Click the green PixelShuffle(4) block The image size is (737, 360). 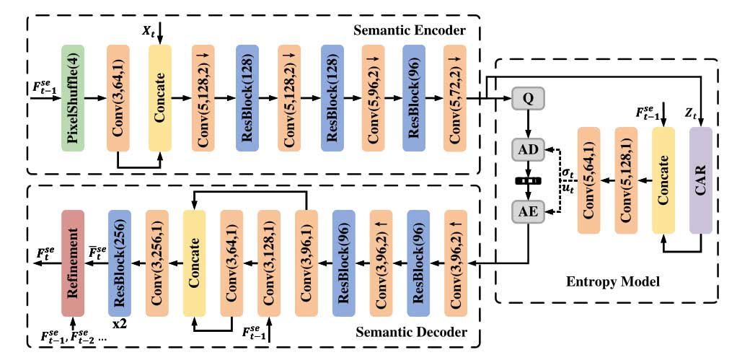73,98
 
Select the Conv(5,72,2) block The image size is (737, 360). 456,98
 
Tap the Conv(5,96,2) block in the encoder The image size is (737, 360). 371,98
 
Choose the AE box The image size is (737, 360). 527,211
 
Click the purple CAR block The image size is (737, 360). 701,180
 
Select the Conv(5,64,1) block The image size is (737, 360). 589,180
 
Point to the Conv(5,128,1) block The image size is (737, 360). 626,180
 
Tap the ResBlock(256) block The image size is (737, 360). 120,263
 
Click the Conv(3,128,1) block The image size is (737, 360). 269,263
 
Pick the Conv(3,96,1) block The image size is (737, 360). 306,263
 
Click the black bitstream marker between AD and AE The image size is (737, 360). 527,181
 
